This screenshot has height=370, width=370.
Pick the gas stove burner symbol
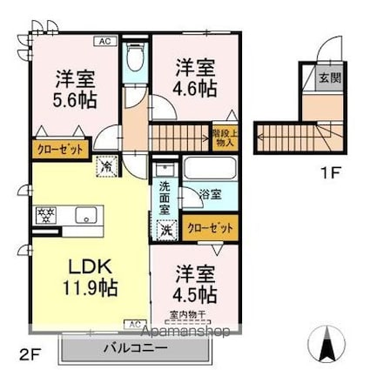pyautogui.click(x=45, y=215)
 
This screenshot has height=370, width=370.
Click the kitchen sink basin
pyautogui.click(x=84, y=214)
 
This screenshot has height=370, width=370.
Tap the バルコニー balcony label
pyautogui.click(x=135, y=350)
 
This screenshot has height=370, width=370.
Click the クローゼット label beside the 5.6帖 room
pyautogui.click(x=60, y=149)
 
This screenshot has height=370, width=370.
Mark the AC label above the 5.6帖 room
pyautogui.click(x=103, y=40)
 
